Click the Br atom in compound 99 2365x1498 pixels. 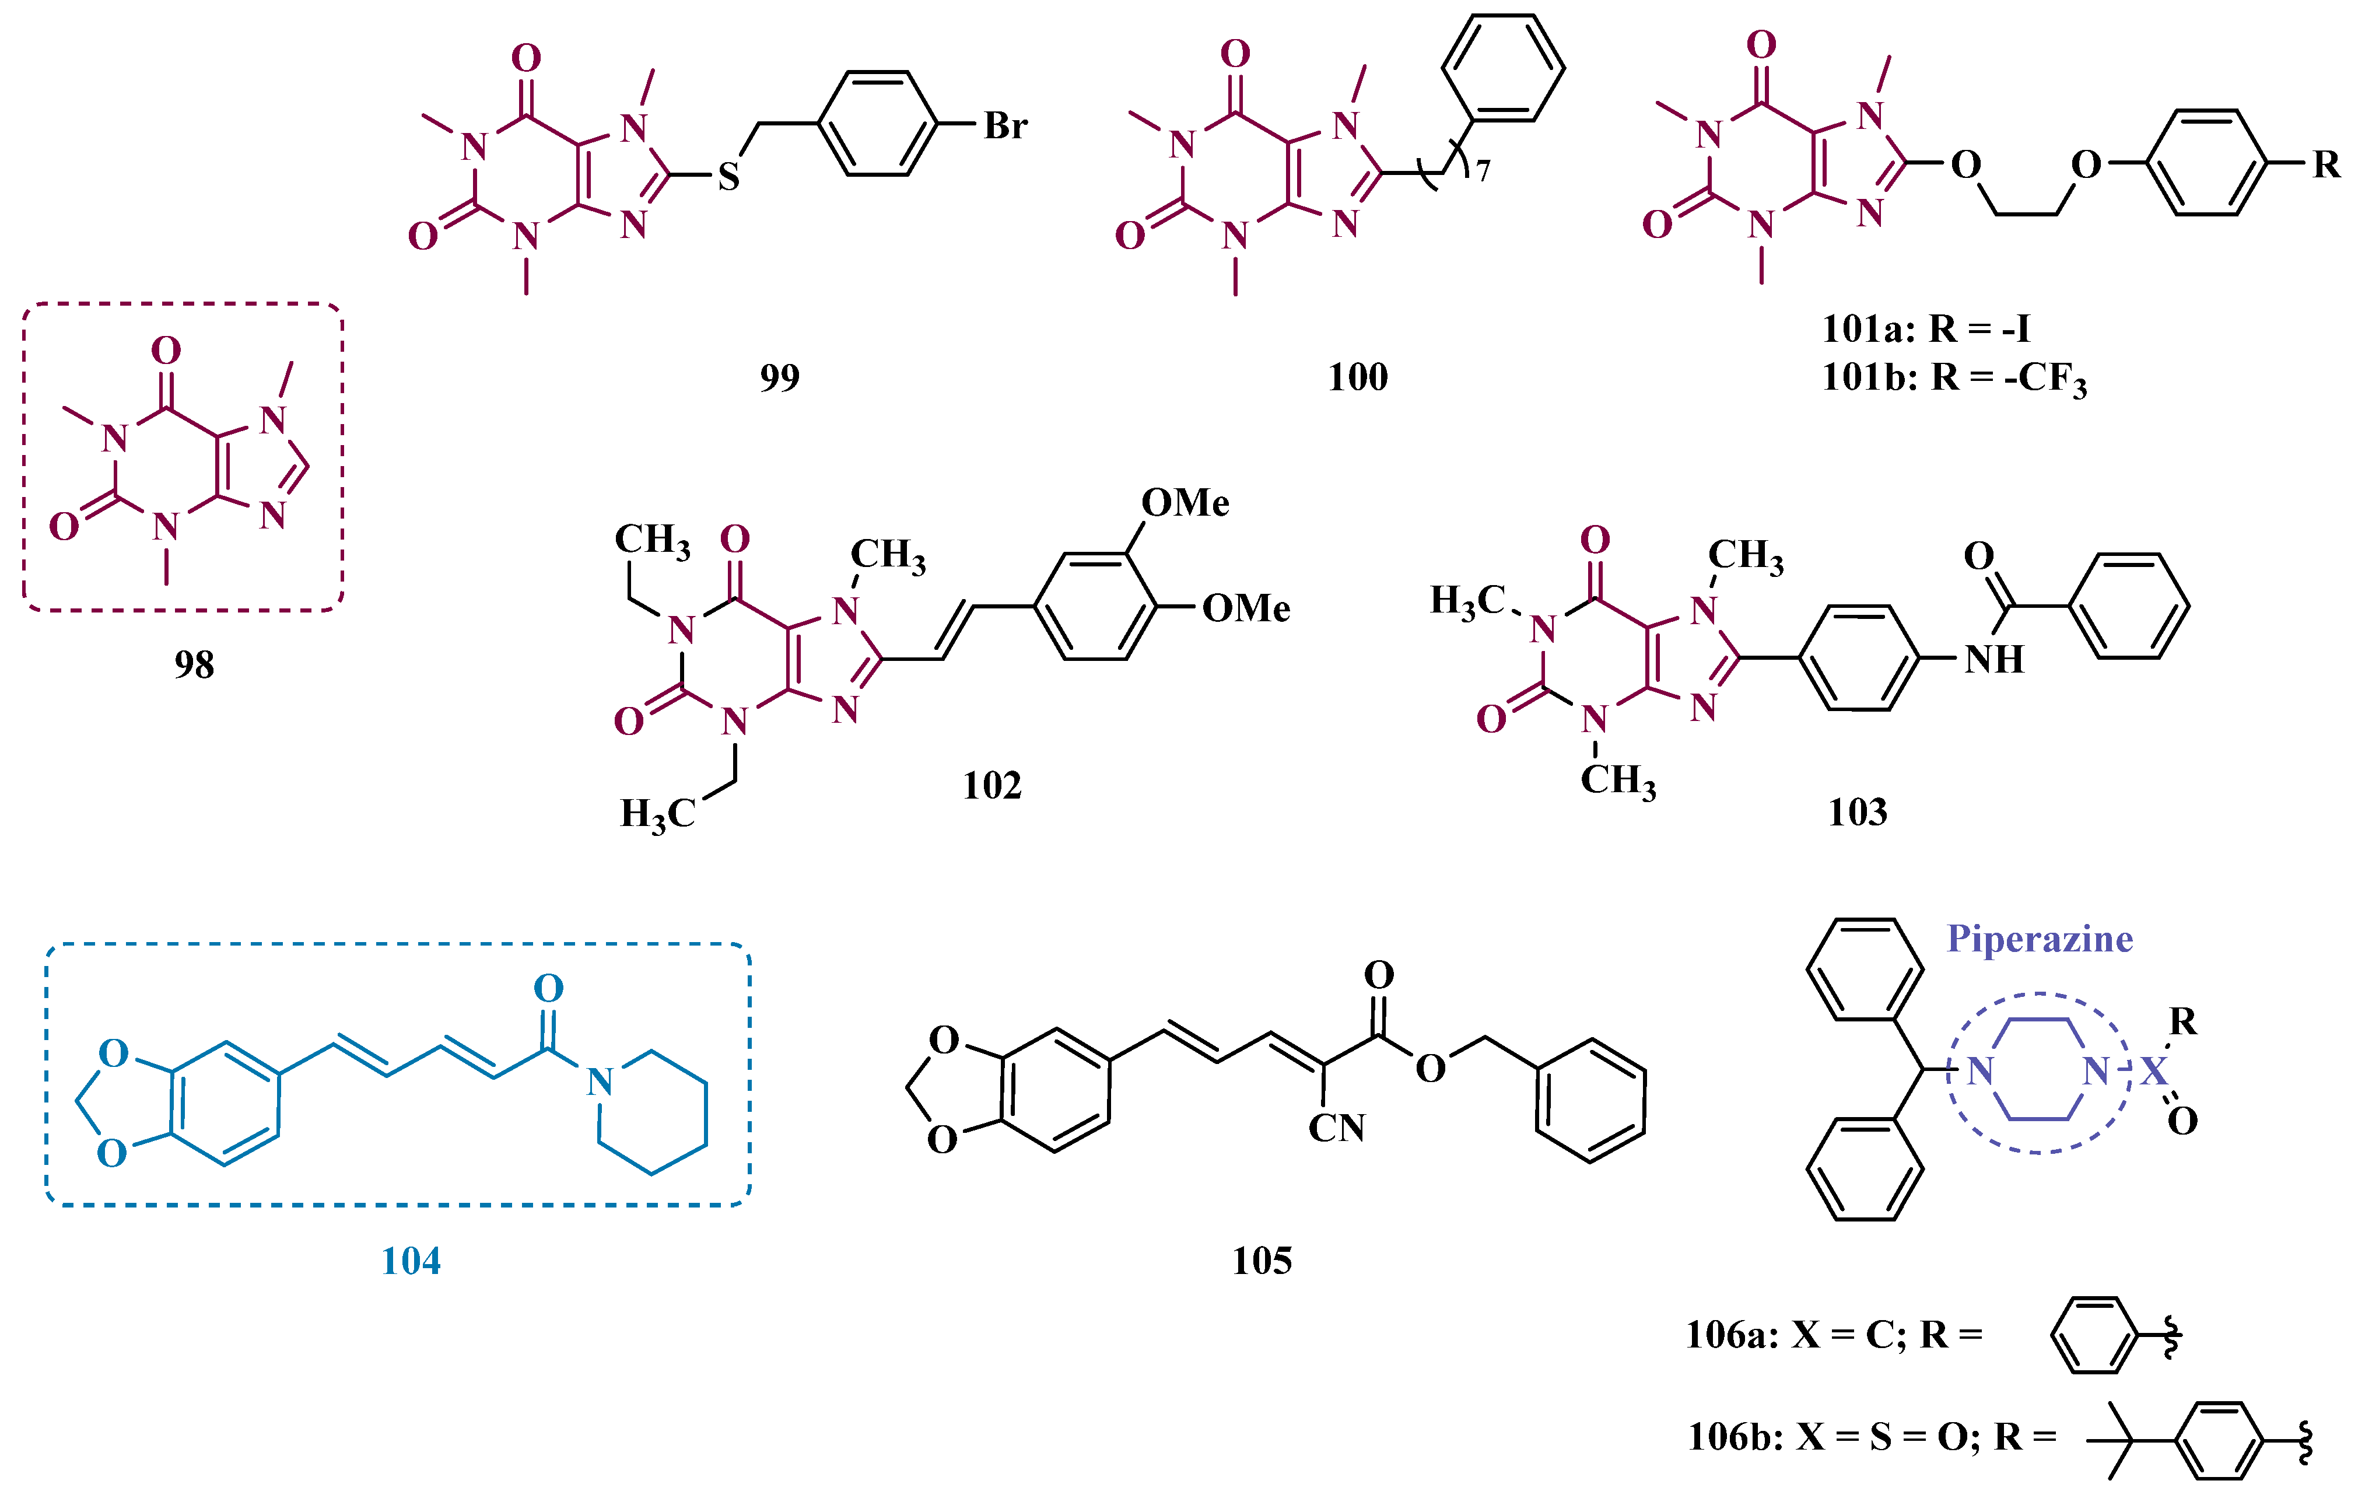[x=1005, y=126]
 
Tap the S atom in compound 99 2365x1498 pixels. [x=728, y=177]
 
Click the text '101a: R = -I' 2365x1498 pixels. [x=1925, y=328]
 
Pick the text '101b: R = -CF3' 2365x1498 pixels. [x=1953, y=378]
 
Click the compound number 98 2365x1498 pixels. [x=194, y=665]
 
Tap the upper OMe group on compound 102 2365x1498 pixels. [x=1185, y=503]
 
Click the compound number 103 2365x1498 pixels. [x=1857, y=813]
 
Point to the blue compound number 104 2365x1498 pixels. [x=411, y=1261]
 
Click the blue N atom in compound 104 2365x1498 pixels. [x=599, y=1083]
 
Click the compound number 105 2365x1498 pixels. [x=1262, y=1261]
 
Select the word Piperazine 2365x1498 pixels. [x=2040, y=939]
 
